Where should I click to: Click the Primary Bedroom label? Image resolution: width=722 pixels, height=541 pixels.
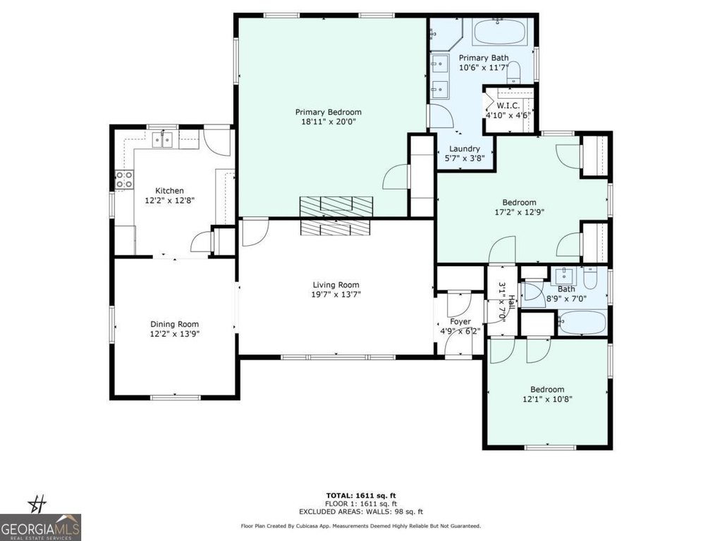329,112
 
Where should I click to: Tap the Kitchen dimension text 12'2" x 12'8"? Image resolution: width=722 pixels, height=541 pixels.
170,201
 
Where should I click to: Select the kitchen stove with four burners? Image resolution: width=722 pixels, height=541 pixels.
124,180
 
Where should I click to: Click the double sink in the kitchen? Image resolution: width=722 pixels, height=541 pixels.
162,139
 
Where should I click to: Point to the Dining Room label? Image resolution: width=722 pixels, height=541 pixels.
175,324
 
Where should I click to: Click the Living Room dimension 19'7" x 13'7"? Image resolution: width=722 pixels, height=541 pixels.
336,294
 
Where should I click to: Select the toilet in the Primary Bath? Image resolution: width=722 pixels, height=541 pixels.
513,73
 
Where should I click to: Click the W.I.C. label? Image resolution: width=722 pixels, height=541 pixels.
508,106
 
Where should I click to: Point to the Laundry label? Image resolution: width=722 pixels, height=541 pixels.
465,149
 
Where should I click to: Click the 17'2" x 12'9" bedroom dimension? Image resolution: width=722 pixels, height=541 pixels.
520,213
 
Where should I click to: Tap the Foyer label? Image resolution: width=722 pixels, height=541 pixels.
460,321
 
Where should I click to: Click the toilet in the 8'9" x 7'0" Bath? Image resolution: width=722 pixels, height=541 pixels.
590,278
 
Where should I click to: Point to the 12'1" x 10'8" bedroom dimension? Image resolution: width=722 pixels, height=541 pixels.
547,399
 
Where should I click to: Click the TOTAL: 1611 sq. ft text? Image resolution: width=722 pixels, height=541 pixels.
361,495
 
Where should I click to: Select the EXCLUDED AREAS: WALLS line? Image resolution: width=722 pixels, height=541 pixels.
361,511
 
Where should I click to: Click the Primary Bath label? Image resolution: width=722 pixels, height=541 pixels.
484,58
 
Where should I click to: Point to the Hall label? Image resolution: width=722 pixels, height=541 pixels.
512,302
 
